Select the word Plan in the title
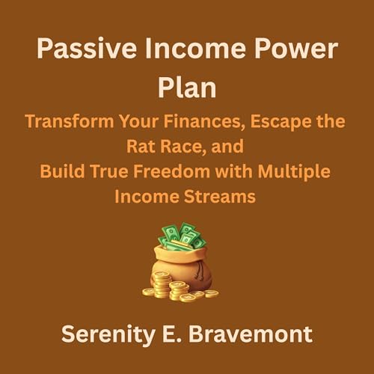click(x=186, y=88)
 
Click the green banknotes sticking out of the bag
click(x=180, y=236)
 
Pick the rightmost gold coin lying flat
click(x=212, y=293)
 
